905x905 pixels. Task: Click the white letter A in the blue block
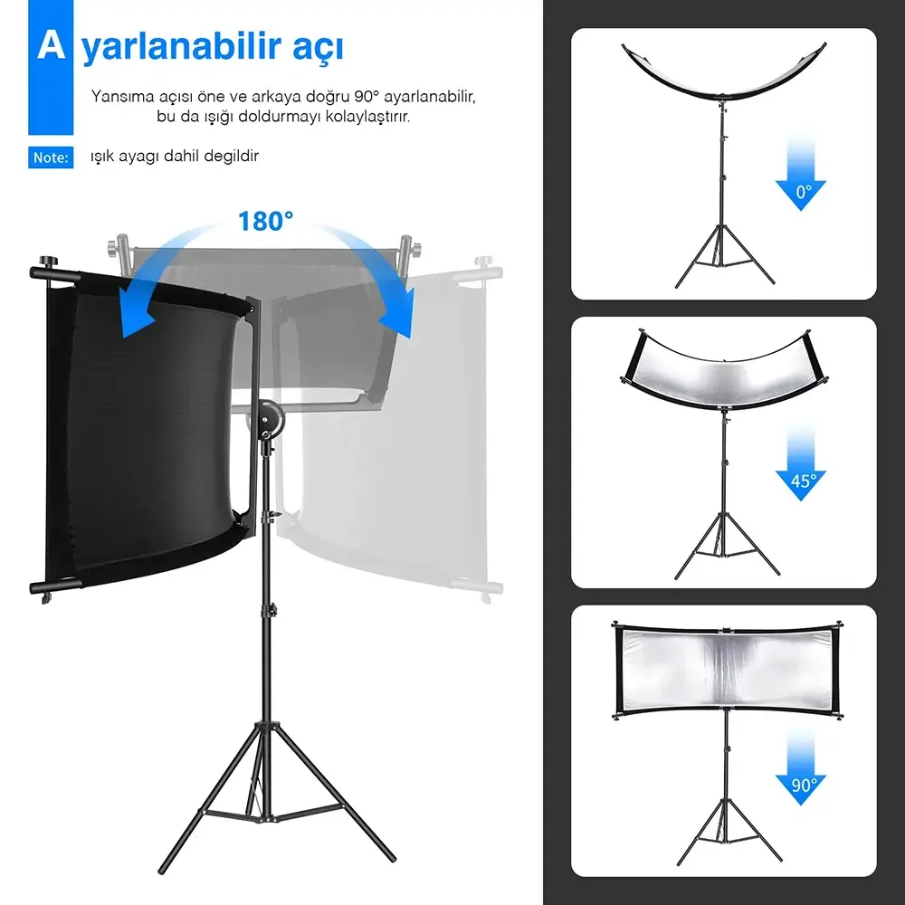[51, 45]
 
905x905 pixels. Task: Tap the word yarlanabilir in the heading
[181, 47]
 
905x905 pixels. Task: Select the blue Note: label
[51, 157]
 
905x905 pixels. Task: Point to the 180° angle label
[265, 221]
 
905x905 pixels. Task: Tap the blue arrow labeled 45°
[801, 463]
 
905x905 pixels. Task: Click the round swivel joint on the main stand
[267, 414]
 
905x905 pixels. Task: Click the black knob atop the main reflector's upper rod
[46, 262]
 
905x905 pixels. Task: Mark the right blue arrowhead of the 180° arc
[398, 315]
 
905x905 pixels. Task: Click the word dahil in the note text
[181, 156]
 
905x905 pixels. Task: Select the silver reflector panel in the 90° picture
[727, 670]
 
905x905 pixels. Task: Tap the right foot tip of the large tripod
[392, 858]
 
